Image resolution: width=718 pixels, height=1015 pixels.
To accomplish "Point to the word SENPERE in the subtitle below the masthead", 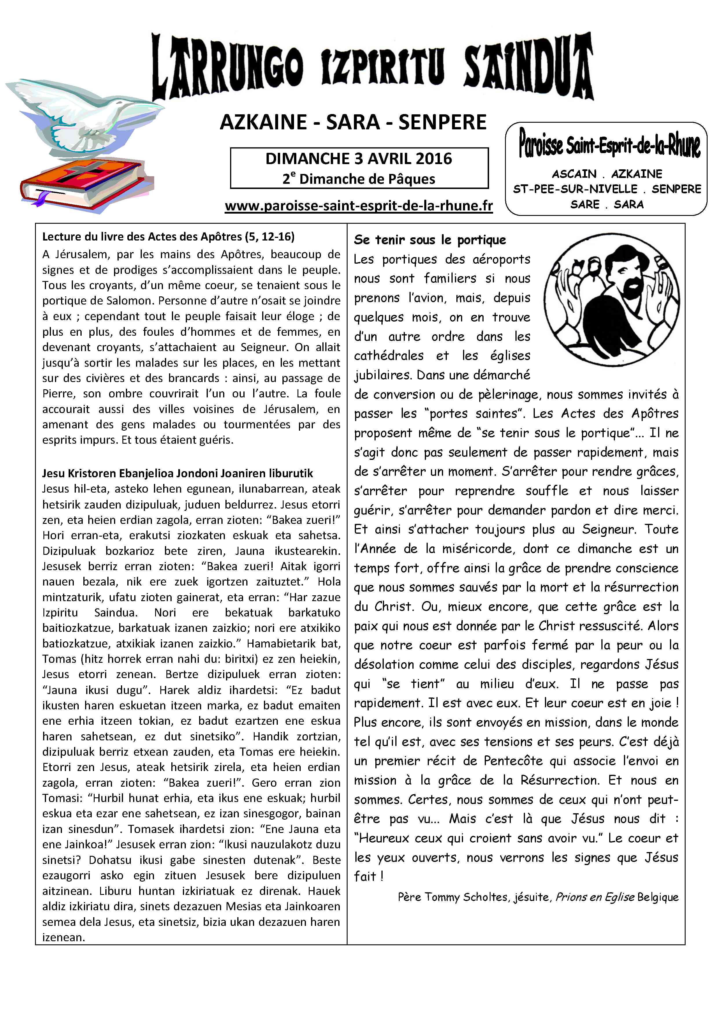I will tap(442, 122).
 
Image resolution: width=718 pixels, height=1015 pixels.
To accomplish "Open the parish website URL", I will tap(359, 206).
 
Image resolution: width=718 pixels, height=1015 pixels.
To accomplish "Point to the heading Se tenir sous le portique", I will tap(430, 240).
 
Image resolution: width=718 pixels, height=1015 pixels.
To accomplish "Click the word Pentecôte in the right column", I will tap(513, 761).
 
